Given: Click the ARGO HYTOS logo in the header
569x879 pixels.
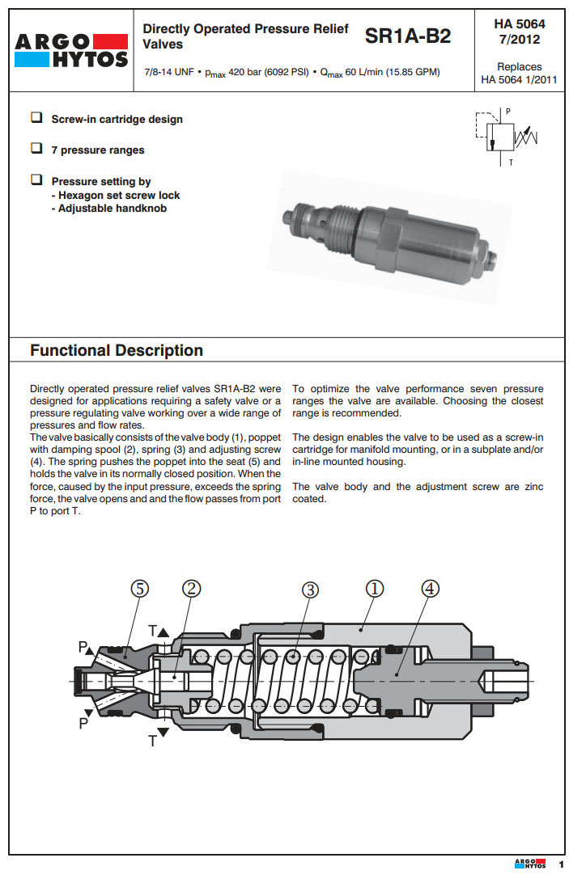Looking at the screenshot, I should tap(72, 50).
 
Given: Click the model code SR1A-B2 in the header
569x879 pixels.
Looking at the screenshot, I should tap(408, 36).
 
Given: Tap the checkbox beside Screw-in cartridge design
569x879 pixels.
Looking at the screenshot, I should tap(36, 118).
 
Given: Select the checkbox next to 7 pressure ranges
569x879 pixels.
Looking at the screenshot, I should tap(36, 149).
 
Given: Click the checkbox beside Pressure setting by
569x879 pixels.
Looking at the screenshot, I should tap(36, 180).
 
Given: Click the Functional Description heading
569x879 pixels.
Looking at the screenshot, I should tap(117, 350).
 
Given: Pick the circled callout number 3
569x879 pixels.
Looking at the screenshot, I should tap(310, 590).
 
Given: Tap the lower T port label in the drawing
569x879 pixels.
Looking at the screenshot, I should tap(152, 739).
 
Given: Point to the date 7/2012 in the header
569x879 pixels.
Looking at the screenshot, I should tap(519, 39).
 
